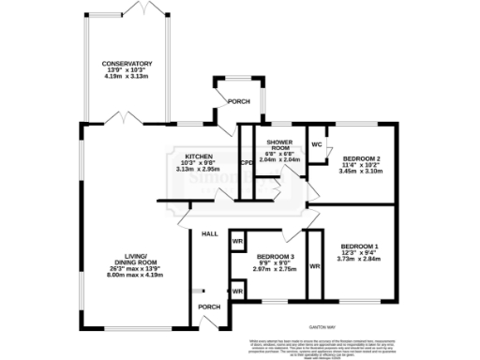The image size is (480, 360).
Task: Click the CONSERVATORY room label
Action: click(x=127, y=63)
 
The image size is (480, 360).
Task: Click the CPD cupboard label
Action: click(x=247, y=163)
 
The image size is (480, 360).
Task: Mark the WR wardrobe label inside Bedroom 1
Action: click(x=315, y=266)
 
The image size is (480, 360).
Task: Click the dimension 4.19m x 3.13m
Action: click(x=127, y=78)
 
